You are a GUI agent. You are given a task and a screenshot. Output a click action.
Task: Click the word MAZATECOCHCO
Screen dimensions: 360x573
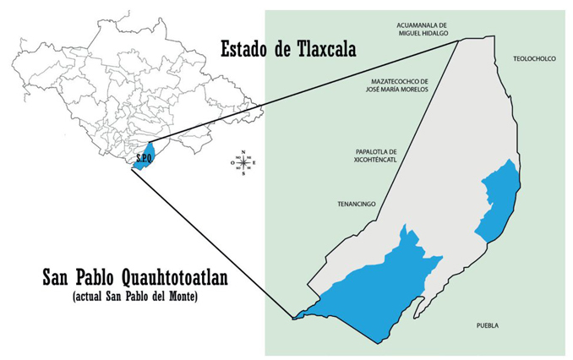[x=396, y=80]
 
